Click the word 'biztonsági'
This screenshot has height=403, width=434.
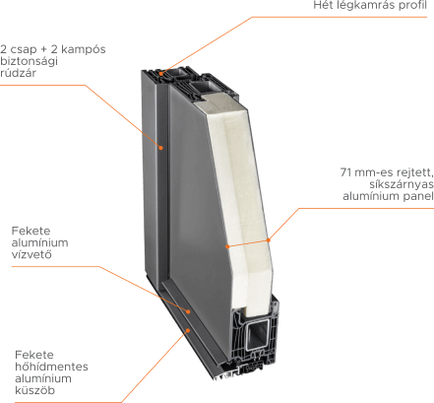click(29, 61)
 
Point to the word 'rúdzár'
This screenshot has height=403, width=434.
click(18, 73)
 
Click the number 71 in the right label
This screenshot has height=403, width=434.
click(345, 172)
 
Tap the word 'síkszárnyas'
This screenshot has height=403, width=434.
click(402, 184)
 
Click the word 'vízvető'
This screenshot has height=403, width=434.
click(31, 254)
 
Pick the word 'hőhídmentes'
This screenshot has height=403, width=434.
click(51, 367)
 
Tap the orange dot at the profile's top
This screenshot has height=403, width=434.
click(161, 74)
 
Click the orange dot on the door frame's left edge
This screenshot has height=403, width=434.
click(160, 148)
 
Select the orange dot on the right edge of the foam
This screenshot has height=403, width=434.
click(269, 240)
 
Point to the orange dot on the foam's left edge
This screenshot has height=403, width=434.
click(227, 246)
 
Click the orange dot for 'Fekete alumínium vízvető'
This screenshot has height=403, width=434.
click(189, 311)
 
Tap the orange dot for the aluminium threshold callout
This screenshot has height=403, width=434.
click(188, 330)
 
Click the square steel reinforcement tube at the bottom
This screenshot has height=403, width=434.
click(258, 335)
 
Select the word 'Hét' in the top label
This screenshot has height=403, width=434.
click(323, 5)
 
